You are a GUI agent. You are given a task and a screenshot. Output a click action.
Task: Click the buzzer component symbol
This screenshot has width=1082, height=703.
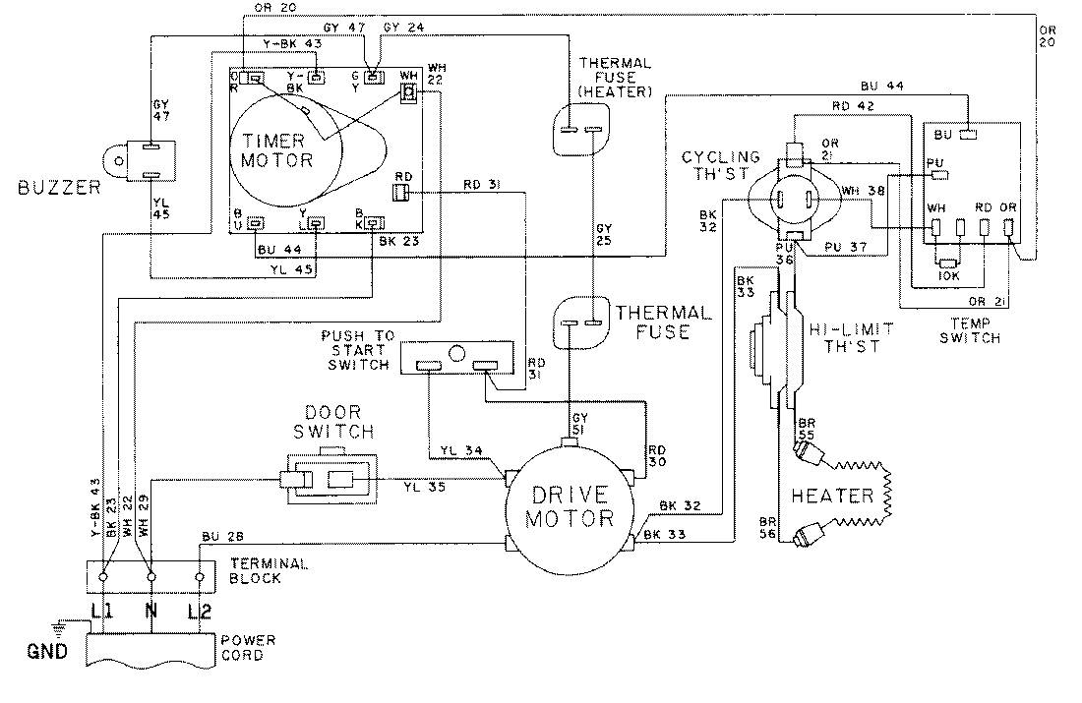[x=137, y=160]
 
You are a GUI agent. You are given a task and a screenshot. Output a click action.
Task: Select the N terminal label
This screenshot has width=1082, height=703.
[x=150, y=613]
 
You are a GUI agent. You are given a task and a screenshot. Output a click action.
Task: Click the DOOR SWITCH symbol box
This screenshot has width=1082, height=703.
[x=328, y=481]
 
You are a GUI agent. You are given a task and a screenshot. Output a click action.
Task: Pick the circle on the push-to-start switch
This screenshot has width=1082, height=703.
[x=454, y=352]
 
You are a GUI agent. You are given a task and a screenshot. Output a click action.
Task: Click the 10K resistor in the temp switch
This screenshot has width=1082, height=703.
[x=949, y=264]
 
